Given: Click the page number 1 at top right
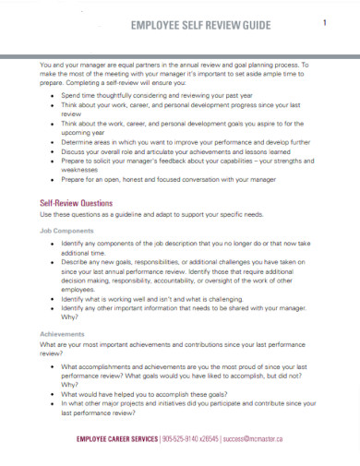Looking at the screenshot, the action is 324,24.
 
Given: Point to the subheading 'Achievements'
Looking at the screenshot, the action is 63,333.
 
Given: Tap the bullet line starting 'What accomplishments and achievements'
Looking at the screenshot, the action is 185,366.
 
